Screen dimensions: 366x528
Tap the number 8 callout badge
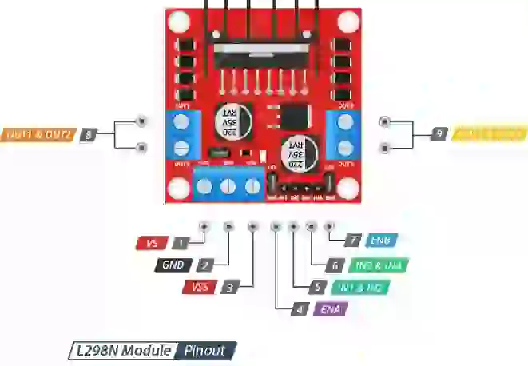click(x=88, y=135)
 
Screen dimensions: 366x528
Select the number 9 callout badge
click(x=439, y=134)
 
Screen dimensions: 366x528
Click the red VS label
click(x=153, y=241)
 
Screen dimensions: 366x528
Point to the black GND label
click(x=173, y=265)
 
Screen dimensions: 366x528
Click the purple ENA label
click(x=329, y=309)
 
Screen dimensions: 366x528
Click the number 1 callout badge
click(x=183, y=241)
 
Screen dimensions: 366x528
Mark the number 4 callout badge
click(x=299, y=309)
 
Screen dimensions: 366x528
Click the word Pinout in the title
click(x=204, y=351)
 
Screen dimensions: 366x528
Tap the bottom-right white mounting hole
click(x=347, y=187)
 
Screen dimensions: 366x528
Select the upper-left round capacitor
click(x=232, y=119)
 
